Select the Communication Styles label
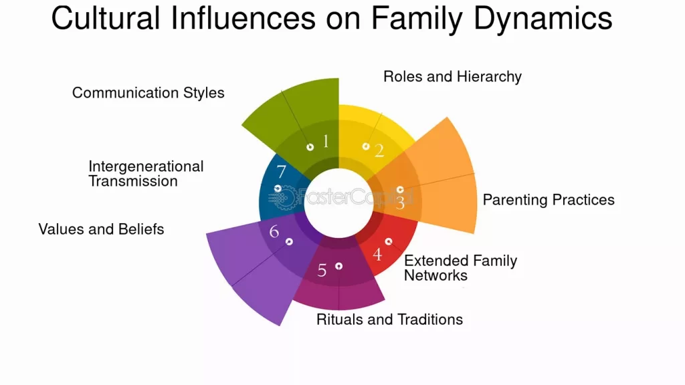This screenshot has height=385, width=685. [148, 93]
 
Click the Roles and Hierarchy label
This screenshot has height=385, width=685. [452, 77]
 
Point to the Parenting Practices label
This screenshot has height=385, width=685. [549, 200]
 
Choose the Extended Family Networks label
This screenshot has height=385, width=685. [460, 267]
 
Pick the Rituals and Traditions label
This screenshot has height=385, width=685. [389, 319]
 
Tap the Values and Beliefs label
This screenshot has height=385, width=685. [101, 229]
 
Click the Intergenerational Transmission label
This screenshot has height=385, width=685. [146, 174]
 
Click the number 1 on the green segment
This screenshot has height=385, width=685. [326, 141]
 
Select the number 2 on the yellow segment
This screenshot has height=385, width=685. [379, 150]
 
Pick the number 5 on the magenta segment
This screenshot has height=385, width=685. [322, 270]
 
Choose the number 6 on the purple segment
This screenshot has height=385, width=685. [274, 232]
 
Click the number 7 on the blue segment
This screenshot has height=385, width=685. [281, 172]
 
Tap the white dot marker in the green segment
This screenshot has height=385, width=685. [310, 147]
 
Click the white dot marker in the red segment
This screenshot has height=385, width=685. [389, 241]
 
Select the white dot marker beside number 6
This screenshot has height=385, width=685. [289, 241]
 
